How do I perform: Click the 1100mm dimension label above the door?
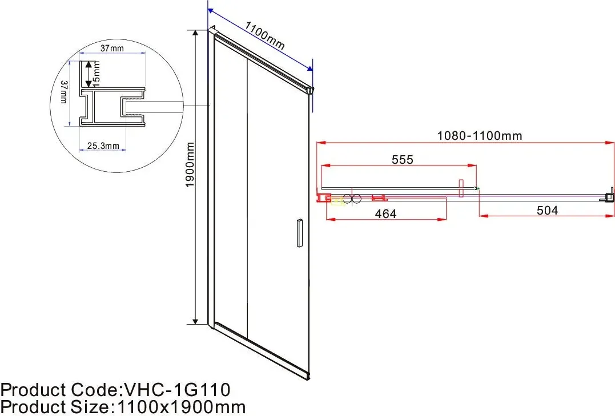point(265,35)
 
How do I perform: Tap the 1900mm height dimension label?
point(190,165)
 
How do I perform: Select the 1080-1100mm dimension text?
point(480,136)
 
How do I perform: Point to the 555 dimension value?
point(403,160)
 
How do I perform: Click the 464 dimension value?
point(385,213)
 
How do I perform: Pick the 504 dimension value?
point(547,211)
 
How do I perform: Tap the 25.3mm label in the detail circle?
point(103,146)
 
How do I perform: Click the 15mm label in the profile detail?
point(97,73)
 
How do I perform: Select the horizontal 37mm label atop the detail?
point(112,49)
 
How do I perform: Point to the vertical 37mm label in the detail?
point(64,92)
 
